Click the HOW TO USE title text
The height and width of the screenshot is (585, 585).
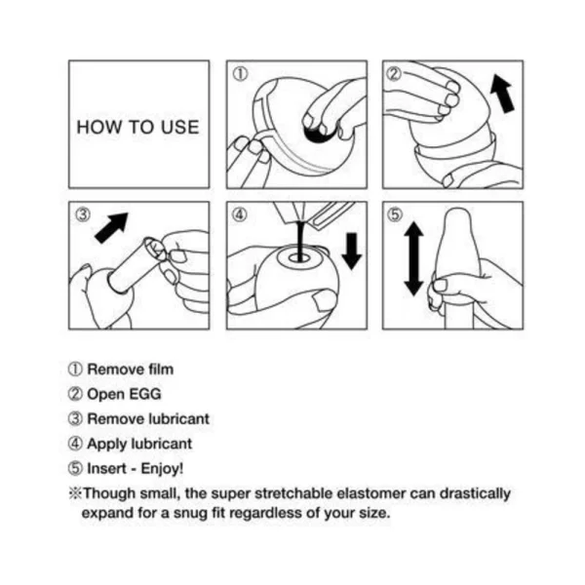tap(137, 127)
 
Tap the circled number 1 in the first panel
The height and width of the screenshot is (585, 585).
tap(240, 74)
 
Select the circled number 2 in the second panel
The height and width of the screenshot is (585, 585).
tap(394, 74)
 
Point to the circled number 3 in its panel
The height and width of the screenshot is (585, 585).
tap(83, 214)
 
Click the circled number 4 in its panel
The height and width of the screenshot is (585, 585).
tap(240, 214)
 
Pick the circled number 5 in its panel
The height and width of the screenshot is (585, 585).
tap(395, 214)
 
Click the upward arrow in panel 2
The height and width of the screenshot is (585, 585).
tap(502, 93)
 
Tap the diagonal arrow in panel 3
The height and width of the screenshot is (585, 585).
tap(111, 228)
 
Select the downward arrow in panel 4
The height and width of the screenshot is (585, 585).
tap(351, 252)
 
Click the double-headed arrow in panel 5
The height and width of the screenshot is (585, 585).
tap(413, 258)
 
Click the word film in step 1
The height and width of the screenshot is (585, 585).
tap(161, 370)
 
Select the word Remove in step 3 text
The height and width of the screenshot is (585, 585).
tap(115, 419)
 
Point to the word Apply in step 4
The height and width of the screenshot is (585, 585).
tap(106, 445)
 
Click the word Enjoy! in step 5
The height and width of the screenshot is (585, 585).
tap(162, 469)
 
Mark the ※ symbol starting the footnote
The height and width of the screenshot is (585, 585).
tap(75, 493)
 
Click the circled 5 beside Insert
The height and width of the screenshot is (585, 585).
tap(75, 469)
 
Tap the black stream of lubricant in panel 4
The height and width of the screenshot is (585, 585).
tap(300, 241)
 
